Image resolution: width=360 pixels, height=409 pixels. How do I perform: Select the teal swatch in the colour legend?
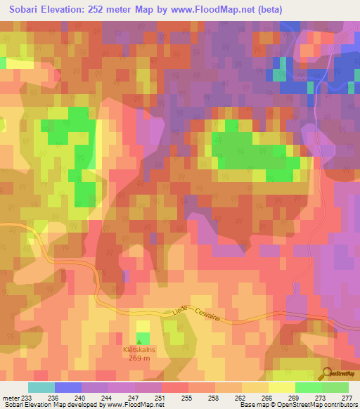41,387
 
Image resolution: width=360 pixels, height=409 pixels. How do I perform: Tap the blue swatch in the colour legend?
67,387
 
